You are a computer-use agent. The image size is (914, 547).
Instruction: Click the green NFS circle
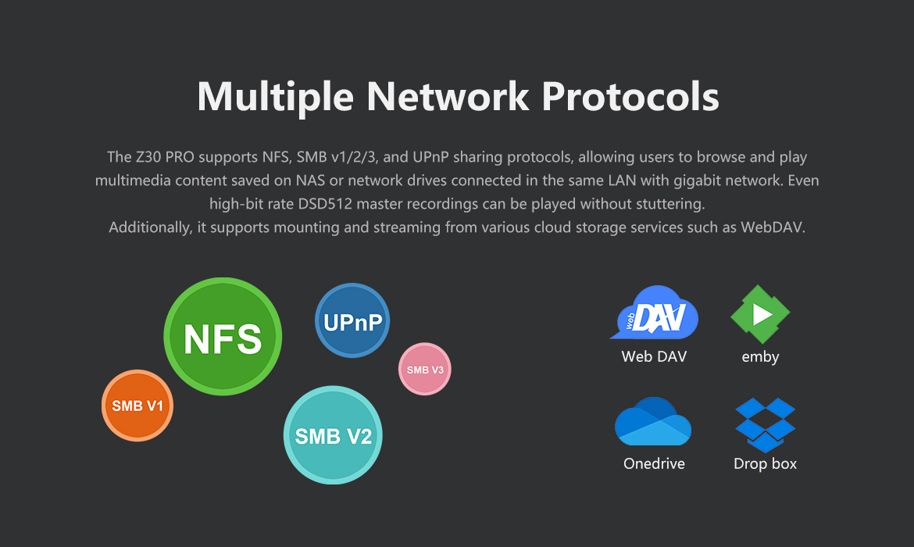[x=223, y=337]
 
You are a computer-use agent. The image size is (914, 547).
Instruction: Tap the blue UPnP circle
[x=352, y=320]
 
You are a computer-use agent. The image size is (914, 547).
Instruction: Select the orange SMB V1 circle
[x=137, y=406]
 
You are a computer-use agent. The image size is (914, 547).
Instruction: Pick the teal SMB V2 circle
[x=333, y=435]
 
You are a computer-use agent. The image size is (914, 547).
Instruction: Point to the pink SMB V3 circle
[x=424, y=369]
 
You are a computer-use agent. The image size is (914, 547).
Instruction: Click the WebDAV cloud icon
[x=655, y=313]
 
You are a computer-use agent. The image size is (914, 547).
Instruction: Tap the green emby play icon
[x=760, y=313]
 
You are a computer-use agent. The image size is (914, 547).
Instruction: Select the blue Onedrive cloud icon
[x=653, y=422]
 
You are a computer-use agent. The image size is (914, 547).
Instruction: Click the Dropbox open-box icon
[x=765, y=424]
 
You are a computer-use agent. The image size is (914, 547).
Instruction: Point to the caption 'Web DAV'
[x=654, y=357]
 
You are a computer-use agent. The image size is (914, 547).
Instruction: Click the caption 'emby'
[x=760, y=357]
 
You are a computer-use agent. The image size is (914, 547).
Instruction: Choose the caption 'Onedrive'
[x=654, y=463]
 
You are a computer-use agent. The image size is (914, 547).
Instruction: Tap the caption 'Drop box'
[x=765, y=463]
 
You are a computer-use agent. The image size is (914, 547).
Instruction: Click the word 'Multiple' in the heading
[x=275, y=97]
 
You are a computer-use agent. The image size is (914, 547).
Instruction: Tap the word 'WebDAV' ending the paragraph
[x=769, y=227]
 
